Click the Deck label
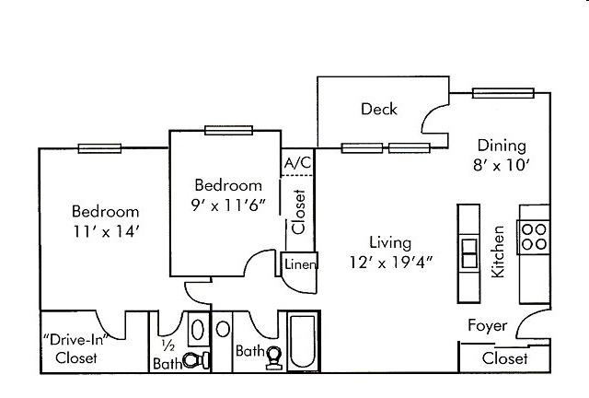point(379,109)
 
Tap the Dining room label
point(502,146)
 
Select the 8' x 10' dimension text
point(501,165)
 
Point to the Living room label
point(390,242)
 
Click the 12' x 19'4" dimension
point(391,263)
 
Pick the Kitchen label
point(498,252)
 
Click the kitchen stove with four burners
point(534,237)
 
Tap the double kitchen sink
point(469,253)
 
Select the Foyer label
point(487,326)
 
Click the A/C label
point(297,163)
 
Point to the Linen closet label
point(300,264)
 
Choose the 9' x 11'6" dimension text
point(228,205)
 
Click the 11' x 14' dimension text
point(107,231)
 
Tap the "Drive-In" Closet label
point(75,349)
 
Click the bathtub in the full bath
point(303,341)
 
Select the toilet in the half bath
point(196,360)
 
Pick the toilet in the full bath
point(273,357)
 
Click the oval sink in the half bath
point(198,330)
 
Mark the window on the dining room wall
point(503,93)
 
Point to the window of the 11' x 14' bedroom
point(99,148)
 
